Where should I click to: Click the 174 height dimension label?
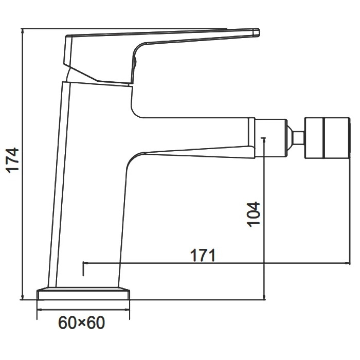[13, 160]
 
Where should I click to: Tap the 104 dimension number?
[254, 214]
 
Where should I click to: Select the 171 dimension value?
[203, 255]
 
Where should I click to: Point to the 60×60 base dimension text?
[82, 322]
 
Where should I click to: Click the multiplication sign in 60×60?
[82, 323]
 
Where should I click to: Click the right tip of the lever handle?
[259, 32]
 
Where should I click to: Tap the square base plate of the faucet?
[83, 294]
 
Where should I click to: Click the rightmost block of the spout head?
[336, 138]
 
